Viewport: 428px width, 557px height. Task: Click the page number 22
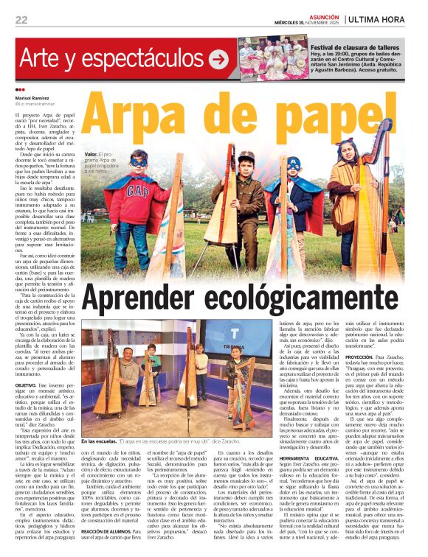(x=21, y=20)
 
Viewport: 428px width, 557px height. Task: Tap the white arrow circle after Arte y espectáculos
(x=218, y=59)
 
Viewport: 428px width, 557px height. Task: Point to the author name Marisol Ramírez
(x=32, y=98)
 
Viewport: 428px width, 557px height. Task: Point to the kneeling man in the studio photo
(x=130, y=374)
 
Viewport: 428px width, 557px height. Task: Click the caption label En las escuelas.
(x=98, y=421)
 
